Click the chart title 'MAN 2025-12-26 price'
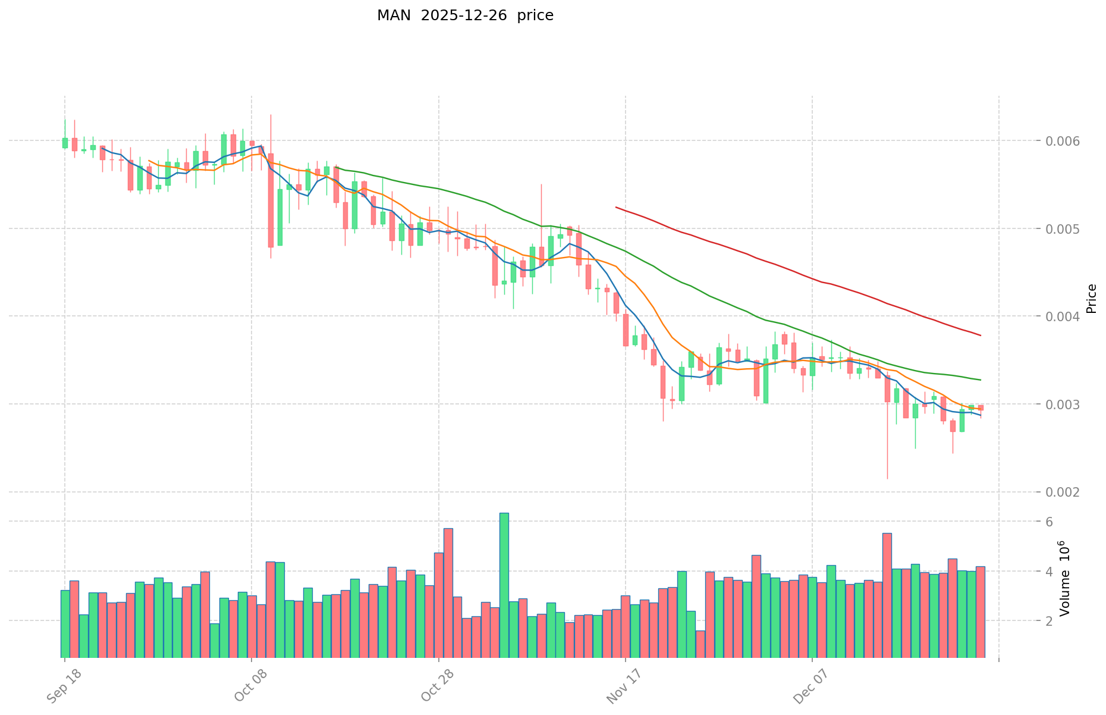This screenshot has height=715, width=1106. pos(465,15)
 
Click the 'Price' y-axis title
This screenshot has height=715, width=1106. pos(1091,299)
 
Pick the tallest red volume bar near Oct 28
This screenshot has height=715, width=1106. pos(448,592)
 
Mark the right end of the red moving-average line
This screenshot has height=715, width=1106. pos(980,335)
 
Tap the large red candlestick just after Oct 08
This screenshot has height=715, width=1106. pos(271,200)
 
